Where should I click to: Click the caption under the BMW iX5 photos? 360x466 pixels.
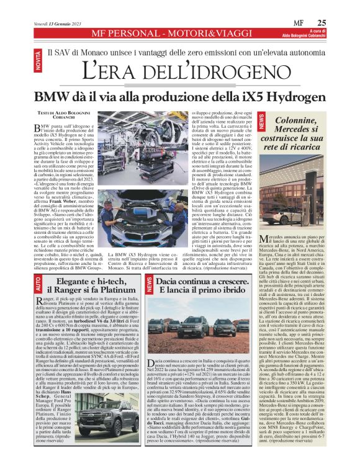pos(150,261)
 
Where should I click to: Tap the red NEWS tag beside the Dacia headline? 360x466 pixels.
pos(149,285)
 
